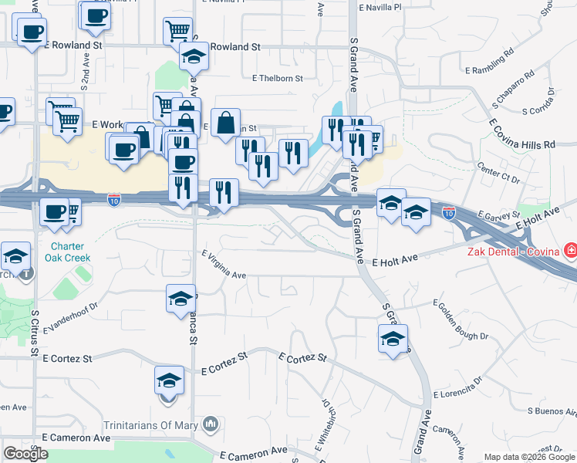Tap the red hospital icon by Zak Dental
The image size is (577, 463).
coord(569,250)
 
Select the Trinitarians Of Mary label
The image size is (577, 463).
coord(151,424)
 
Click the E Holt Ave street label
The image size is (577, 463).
coord(394,262)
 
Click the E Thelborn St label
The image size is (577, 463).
coord(277,78)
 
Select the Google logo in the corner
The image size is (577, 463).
coord(25,454)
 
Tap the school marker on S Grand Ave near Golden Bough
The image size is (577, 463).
coord(393,338)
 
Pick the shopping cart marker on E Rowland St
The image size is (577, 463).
coord(177,31)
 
